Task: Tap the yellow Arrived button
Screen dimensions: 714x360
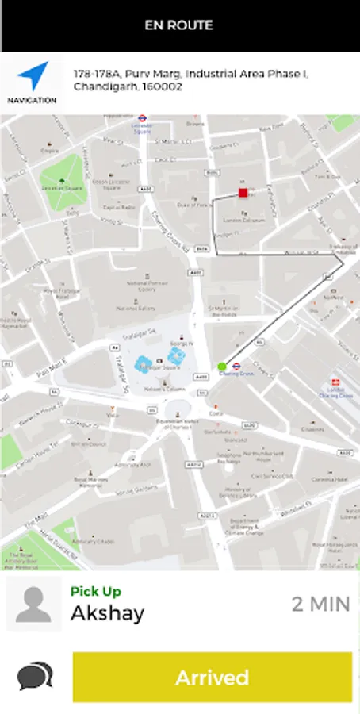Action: point(212,678)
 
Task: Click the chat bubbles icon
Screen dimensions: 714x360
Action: point(35,676)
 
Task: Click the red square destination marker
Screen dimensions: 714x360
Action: point(243,193)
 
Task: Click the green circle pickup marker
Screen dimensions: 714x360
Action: point(221,367)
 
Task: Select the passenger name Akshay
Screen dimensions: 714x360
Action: point(108,613)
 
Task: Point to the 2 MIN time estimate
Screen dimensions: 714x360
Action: point(320,604)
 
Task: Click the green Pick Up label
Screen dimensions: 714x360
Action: point(95,591)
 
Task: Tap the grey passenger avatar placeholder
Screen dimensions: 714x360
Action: point(33,604)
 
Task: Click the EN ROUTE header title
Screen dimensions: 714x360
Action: point(179,25)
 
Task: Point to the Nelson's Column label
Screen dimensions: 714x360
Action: point(165,390)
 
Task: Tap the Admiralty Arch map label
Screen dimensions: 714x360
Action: point(128,464)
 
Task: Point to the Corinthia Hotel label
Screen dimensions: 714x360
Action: point(328,481)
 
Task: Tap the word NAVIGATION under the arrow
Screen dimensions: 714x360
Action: point(33,101)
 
